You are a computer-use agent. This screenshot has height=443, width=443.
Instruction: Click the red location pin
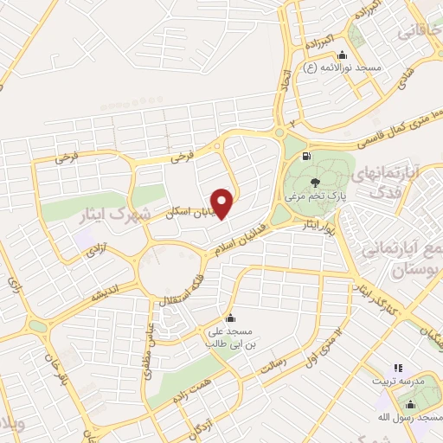pyautogui.click(x=223, y=202)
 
